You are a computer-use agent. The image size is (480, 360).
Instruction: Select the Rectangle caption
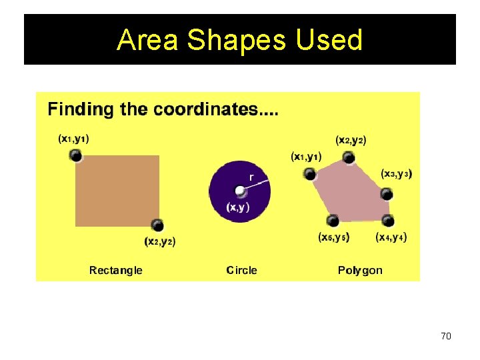click(x=116, y=270)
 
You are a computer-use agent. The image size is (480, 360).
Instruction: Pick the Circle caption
click(x=241, y=270)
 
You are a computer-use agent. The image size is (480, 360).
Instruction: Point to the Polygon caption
click(x=360, y=270)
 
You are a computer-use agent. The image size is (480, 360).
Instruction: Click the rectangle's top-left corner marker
click(x=76, y=155)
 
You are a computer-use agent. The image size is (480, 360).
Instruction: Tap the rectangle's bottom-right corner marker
click(x=157, y=225)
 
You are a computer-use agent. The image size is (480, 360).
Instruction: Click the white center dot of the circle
click(x=240, y=191)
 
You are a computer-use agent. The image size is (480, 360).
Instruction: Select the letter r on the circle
click(x=251, y=177)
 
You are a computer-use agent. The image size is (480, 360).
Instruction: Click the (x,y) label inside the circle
click(x=238, y=207)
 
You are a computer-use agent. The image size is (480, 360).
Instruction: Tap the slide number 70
click(x=446, y=336)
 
